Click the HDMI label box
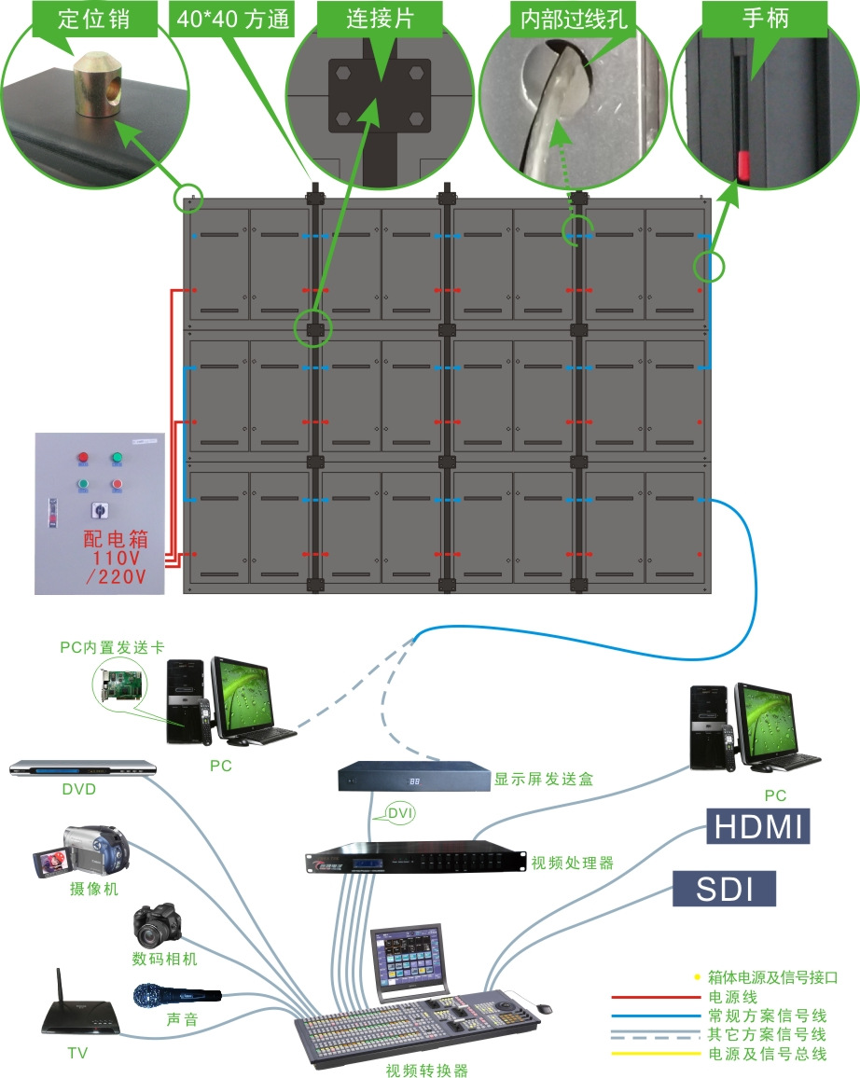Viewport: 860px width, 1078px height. pos(757,826)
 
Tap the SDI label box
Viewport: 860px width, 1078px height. pos(725,889)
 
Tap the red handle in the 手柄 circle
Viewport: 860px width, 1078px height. pos(744,164)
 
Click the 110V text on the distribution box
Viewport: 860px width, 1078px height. pos(116,558)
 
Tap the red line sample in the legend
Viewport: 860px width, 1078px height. pos(654,997)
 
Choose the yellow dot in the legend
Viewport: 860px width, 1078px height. pos(696,977)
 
